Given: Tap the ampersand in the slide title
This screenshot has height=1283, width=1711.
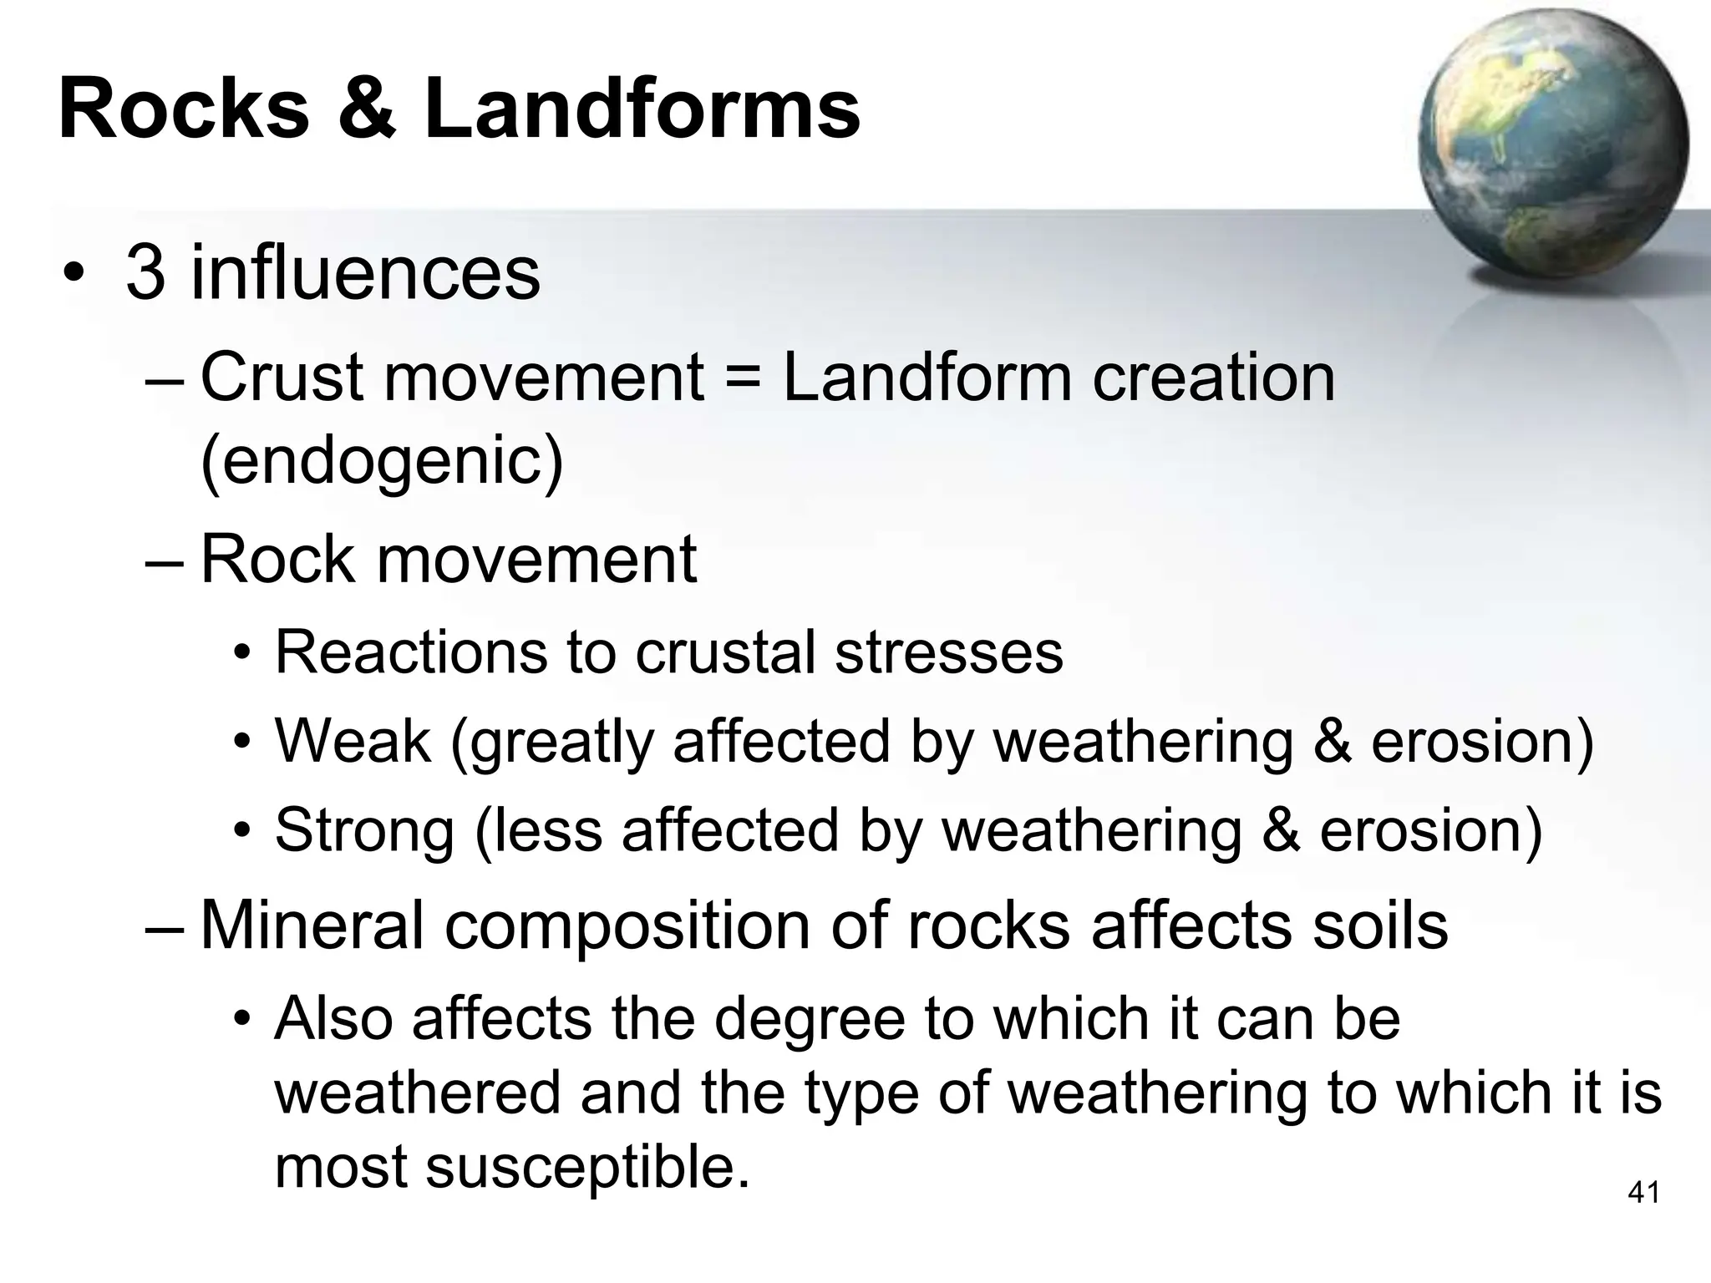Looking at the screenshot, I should [x=366, y=109].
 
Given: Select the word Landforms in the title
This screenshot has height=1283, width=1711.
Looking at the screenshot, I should [x=642, y=109].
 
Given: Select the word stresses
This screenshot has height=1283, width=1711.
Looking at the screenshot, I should [x=949, y=652].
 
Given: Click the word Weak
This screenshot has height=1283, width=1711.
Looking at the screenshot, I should [x=353, y=741].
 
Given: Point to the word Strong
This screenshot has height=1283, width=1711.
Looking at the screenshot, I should [x=365, y=830].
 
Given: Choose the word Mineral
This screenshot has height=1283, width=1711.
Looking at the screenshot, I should [x=312, y=925].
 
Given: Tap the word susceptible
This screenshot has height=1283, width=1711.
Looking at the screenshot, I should [x=587, y=1167].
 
